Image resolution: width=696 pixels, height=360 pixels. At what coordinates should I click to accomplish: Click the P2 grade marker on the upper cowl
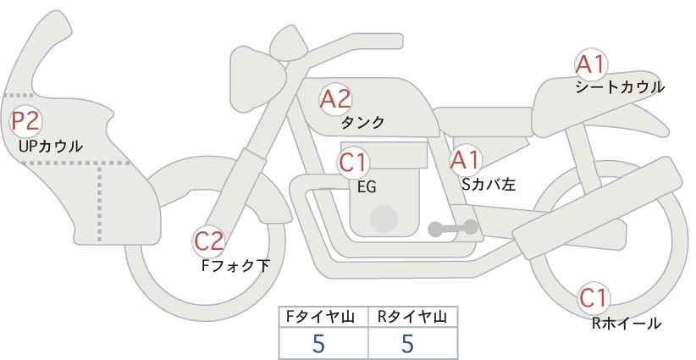point(25,121)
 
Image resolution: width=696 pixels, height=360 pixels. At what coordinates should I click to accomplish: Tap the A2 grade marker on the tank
point(335,99)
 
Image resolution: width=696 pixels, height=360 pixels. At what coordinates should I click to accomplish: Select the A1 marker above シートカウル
point(590,64)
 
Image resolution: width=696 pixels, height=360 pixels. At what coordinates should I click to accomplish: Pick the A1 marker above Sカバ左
point(465,160)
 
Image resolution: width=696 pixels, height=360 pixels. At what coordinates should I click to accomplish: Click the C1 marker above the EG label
point(353,163)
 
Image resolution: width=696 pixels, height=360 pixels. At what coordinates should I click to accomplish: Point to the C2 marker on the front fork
point(208,241)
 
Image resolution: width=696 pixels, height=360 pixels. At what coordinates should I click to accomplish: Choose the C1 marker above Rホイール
point(594,298)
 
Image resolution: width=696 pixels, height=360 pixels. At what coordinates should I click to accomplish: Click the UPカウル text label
point(51,146)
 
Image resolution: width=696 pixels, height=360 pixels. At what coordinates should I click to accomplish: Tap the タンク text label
point(362,122)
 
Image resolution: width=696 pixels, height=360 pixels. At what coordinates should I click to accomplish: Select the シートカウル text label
point(620,86)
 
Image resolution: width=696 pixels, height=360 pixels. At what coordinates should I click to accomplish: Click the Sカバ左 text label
point(489,184)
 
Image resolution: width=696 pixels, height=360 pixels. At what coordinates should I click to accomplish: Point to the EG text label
point(367,187)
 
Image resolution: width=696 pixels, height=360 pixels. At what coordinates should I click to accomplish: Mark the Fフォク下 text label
point(235,265)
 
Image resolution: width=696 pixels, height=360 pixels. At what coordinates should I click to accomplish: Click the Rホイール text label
point(627,324)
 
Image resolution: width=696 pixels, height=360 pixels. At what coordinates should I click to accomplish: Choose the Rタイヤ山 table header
point(412,317)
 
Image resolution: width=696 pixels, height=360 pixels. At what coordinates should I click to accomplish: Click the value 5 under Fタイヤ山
point(318,343)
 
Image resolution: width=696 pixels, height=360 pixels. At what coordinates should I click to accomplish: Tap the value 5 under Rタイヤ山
point(407,343)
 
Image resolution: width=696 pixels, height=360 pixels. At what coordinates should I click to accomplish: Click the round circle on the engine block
point(384,219)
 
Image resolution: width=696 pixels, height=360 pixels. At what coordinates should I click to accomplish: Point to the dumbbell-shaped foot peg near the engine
point(453,228)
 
